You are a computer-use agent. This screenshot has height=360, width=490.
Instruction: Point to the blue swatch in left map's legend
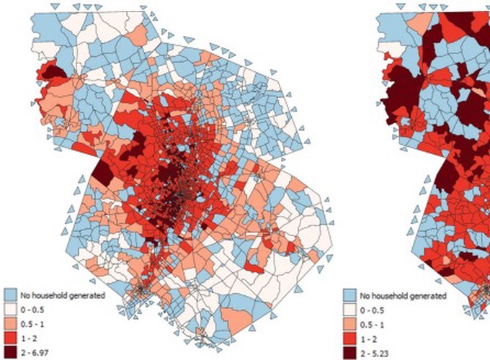11,295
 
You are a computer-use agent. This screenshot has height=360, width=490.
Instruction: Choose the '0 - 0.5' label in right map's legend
373,310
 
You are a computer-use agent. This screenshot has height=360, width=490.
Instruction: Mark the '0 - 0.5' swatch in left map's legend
11,309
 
